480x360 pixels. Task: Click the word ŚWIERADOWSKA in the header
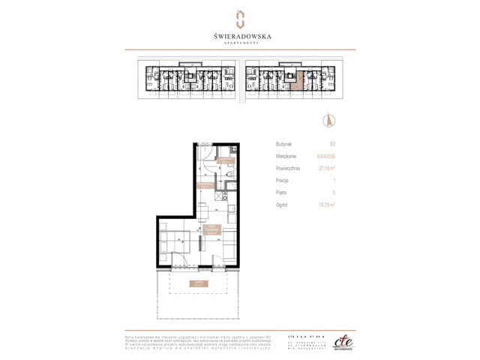(239, 34)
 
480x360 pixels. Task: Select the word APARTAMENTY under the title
(239, 44)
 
